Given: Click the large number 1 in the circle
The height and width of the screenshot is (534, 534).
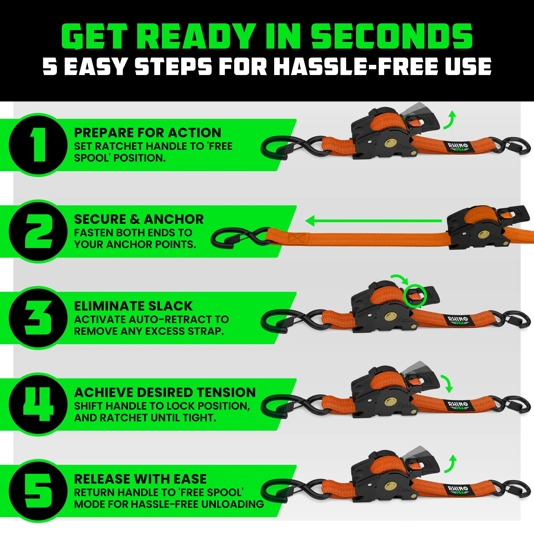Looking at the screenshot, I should (x=39, y=144).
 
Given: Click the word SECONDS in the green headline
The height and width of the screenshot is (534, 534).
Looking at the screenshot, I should (x=392, y=37).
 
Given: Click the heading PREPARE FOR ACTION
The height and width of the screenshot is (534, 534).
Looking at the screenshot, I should (x=148, y=133).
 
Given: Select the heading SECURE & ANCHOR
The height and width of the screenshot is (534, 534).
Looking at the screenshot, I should (x=139, y=219).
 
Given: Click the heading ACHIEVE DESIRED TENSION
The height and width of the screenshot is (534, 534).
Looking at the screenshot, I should (x=165, y=392).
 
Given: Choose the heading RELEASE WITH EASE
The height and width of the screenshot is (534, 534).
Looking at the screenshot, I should (x=140, y=479).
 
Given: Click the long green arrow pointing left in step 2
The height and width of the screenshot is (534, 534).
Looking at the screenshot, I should (x=373, y=221).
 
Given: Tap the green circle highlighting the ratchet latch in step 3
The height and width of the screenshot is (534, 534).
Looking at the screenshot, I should (x=415, y=296).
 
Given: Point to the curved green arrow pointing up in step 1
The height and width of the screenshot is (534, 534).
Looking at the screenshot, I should (x=450, y=119).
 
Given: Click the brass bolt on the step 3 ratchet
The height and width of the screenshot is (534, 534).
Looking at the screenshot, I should (x=390, y=316).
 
